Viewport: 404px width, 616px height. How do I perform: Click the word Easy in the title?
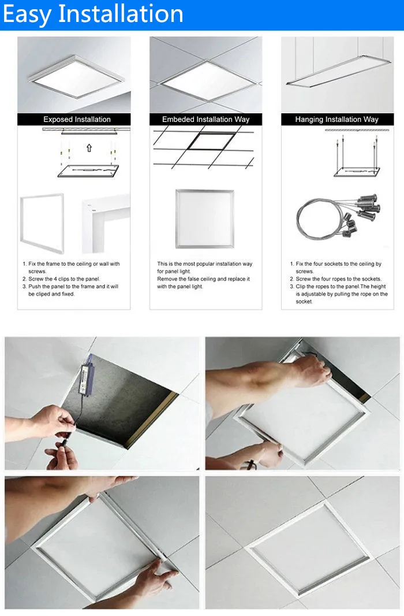[27, 14]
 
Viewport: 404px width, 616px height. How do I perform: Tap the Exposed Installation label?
[77, 120]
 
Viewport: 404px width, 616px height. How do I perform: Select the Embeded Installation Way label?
[206, 120]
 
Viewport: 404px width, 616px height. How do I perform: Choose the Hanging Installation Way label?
[337, 120]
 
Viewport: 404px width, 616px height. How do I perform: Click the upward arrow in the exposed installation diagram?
[89, 148]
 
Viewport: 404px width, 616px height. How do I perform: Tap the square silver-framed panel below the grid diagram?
[205, 219]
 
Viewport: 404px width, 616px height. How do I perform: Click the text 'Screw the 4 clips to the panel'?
[64, 279]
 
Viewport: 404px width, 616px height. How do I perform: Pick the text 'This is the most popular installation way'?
[205, 264]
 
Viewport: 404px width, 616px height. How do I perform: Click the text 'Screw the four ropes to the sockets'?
[339, 279]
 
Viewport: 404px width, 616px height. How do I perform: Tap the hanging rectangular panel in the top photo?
[338, 70]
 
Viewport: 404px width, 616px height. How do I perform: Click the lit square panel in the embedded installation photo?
[208, 81]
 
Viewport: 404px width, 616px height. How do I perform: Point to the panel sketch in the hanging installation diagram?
[357, 172]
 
